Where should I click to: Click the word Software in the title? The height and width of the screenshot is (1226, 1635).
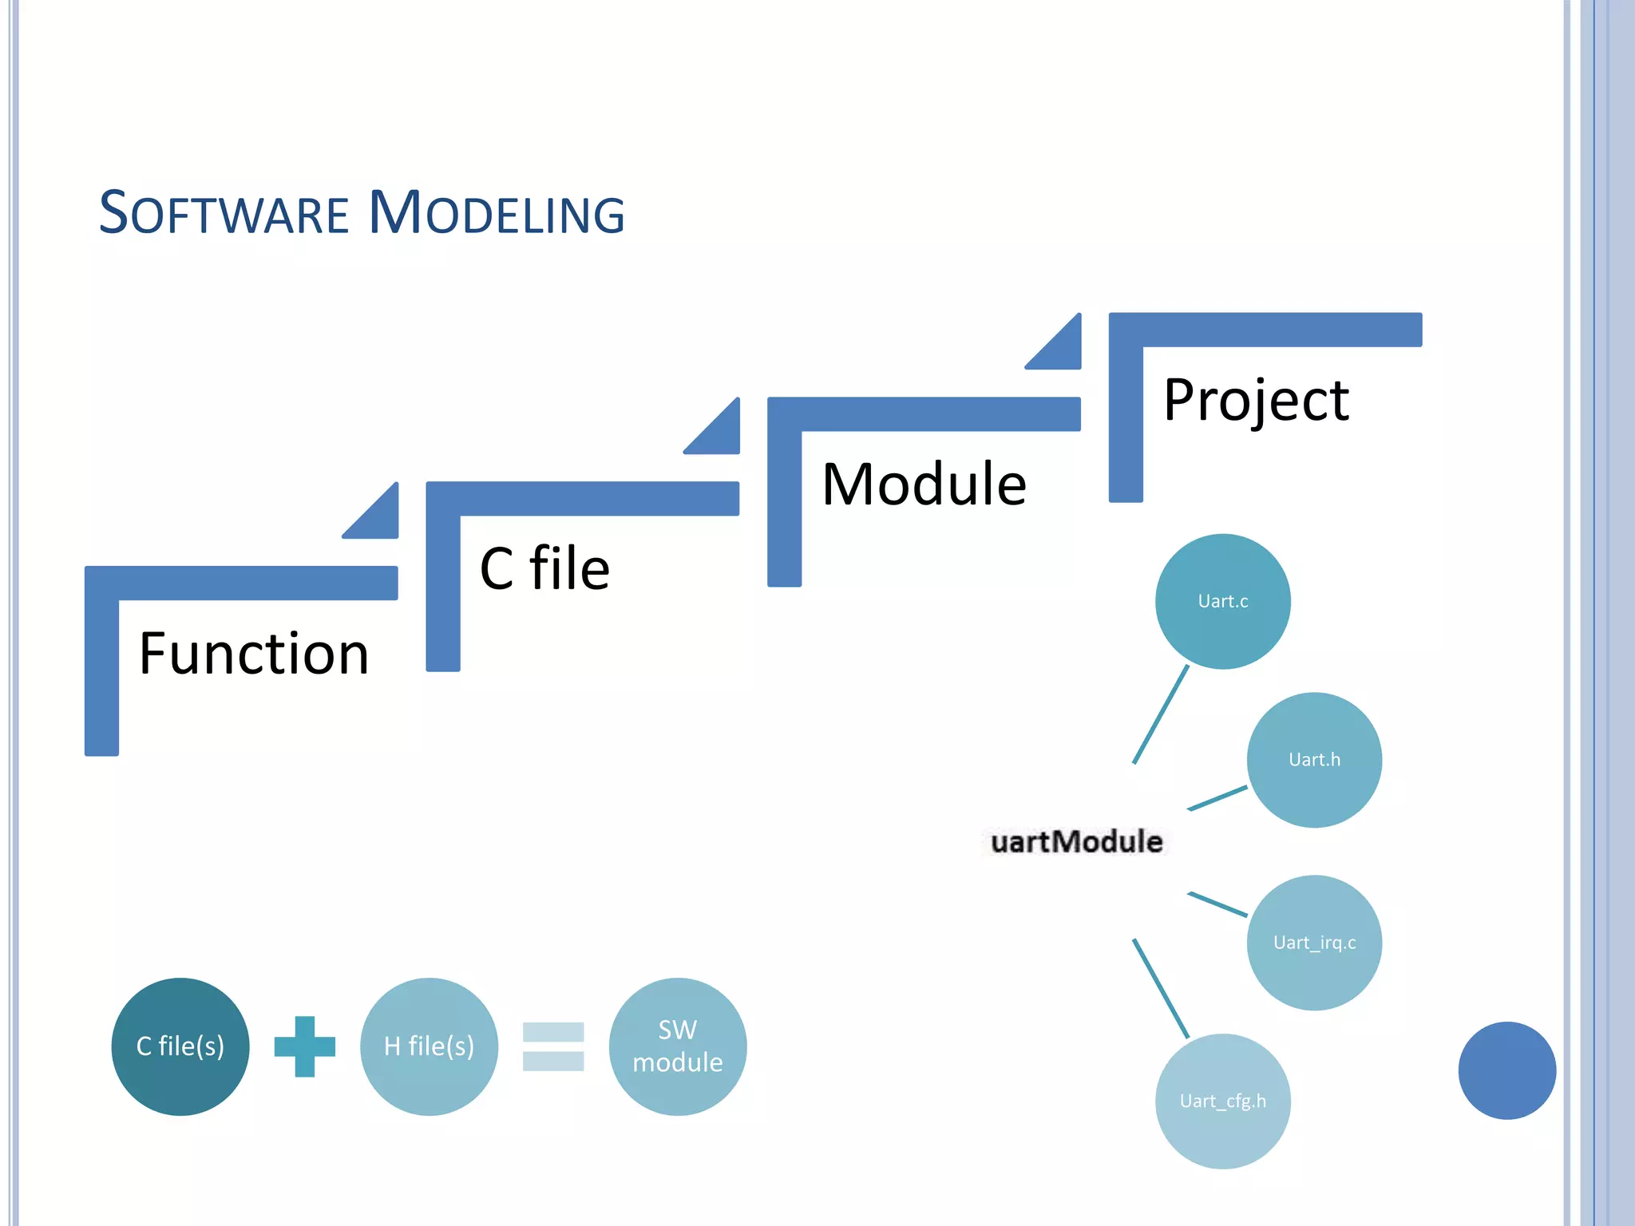(224, 214)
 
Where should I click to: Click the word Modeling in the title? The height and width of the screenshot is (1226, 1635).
(497, 214)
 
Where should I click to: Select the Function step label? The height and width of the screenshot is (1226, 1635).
(254, 654)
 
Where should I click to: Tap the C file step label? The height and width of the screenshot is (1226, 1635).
(544, 568)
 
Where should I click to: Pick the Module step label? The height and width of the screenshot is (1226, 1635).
(924, 484)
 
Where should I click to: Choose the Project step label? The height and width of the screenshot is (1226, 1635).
(1256, 400)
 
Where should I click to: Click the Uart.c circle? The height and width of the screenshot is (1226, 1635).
(1222, 601)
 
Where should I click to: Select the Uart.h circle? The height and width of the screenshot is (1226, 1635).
(1314, 759)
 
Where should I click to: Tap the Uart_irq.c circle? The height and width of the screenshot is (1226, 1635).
(1314, 942)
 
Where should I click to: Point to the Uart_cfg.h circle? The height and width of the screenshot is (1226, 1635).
(1222, 1101)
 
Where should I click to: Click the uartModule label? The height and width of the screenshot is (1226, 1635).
(1076, 841)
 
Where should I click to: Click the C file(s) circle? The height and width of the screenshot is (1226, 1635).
(180, 1046)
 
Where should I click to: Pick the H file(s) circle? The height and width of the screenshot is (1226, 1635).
(429, 1046)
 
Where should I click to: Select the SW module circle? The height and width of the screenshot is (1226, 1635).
(677, 1046)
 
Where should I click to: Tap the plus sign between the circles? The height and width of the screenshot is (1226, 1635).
(304, 1046)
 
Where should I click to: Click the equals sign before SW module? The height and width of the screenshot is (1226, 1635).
(552, 1046)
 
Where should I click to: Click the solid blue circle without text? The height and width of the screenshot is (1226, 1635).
(1506, 1070)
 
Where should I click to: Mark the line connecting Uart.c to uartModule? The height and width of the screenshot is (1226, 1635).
(1161, 714)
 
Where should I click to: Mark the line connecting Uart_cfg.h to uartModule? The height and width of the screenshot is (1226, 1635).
(1161, 988)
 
